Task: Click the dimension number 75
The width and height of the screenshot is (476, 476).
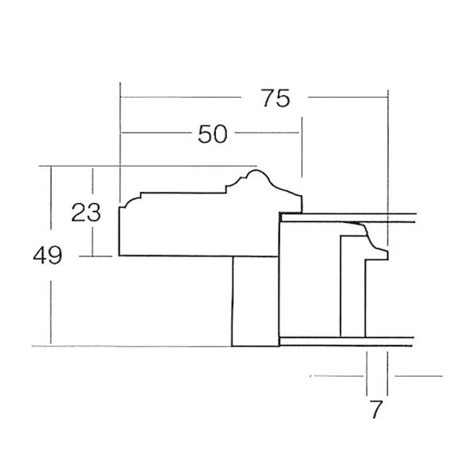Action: click(x=275, y=98)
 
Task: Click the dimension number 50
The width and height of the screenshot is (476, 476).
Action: click(x=213, y=134)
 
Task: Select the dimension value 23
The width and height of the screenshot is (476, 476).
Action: click(x=86, y=212)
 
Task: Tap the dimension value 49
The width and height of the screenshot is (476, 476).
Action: click(x=48, y=255)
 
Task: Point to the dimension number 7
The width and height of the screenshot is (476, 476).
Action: click(x=376, y=409)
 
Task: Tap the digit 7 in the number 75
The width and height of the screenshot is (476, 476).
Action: click(x=268, y=98)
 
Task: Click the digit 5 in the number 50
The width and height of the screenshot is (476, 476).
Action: click(x=205, y=134)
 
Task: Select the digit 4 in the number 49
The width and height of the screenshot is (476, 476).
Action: click(x=40, y=255)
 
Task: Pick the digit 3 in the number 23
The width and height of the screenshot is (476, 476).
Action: click(x=94, y=212)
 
